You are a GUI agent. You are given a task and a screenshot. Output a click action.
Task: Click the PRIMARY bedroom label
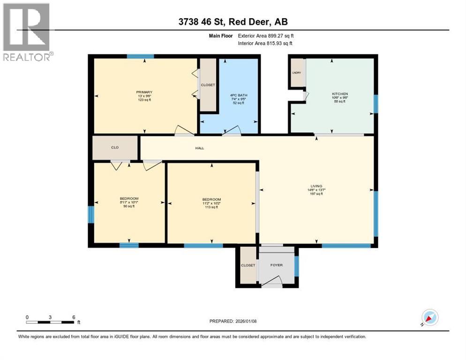coord(144,92)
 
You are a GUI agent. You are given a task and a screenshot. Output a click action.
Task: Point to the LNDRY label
coord(297,73)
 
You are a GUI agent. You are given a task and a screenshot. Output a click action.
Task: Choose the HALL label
coord(200,148)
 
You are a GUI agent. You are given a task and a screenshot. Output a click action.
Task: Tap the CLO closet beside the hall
coord(115,148)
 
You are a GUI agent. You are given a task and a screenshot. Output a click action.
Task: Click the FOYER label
coord(277,265)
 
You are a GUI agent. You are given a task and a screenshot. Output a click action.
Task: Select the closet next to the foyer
coord(248,265)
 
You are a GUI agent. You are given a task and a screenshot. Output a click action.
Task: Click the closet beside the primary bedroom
coord(208,85)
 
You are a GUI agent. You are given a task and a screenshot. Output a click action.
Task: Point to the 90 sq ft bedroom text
coord(129,206)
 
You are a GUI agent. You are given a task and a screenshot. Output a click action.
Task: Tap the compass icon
coord(429,317)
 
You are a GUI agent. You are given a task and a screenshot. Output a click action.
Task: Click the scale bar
coord(51,322)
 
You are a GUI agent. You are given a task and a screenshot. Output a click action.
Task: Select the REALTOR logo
coord(27,31)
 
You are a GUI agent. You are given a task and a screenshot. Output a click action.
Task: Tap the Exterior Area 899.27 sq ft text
coord(266,35)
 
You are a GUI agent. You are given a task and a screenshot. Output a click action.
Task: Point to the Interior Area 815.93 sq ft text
coord(265,44)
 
